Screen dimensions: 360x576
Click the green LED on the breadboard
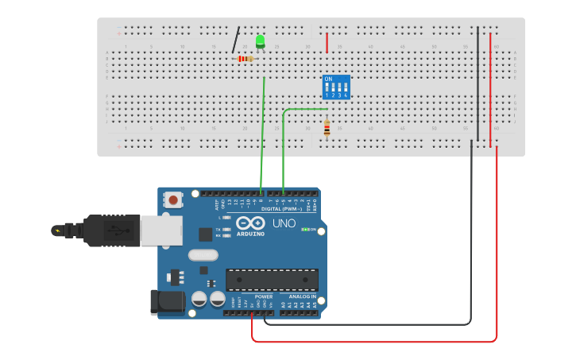point(260,41)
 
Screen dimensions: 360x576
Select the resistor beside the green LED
point(245,59)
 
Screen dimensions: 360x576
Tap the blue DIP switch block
point(336,87)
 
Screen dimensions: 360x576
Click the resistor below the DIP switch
point(327,128)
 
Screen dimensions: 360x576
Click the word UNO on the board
point(284,223)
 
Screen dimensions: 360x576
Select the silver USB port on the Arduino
point(160,230)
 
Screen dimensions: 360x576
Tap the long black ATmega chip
point(272,280)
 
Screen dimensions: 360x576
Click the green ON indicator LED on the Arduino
point(304,230)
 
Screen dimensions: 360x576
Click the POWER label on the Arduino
point(264,296)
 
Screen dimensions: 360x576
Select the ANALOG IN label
point(302,296)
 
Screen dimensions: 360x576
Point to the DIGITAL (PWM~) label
point(281,209)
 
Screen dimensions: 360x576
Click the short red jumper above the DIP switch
point(327,43)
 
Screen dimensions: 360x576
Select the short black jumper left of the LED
point(236,41)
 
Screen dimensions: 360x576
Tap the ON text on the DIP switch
point(328,79)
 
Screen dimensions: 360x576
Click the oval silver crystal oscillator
point(203,255)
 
